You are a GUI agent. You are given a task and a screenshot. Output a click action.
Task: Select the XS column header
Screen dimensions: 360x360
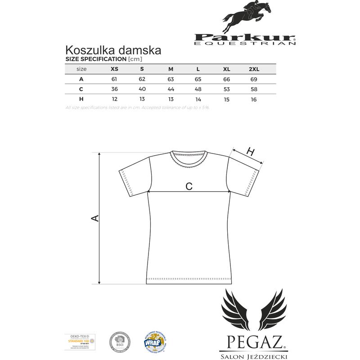pyautogui.click(x=115, y=69)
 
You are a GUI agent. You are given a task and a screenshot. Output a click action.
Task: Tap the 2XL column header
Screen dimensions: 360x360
pyautogui.click(x=254, y=69)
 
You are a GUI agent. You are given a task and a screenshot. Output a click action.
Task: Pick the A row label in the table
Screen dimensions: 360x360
pyautogui.click(x=81, y=79)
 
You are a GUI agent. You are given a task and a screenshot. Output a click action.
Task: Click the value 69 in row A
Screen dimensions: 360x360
pyautogui.click(x=254, y=79)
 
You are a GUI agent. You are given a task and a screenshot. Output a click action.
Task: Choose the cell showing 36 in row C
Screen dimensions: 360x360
pyautogui.click(x=115, y=89)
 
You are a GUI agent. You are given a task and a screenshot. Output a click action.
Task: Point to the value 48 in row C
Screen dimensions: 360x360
pyautogui.click(x=198, y=89)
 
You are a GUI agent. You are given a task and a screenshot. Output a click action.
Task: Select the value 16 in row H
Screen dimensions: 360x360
pyautogui.click(x=254, y=99)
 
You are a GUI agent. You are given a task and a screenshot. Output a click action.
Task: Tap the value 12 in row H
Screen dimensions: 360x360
pyautogui.click(x=115, y=99)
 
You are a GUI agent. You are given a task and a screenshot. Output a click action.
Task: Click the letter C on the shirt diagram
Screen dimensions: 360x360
pyautogui.click(x=189, y=186)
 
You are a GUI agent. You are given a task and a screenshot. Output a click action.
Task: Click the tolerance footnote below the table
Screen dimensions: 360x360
pyautogui.click(x=138, y=108)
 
